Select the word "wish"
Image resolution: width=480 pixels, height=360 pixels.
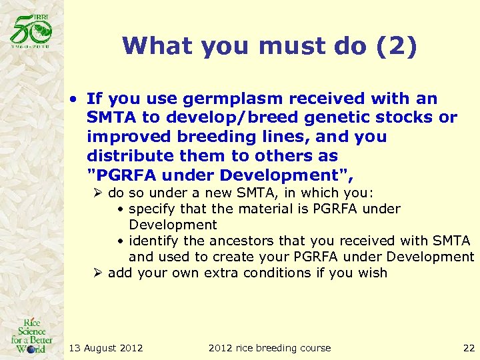[x=373, y=273]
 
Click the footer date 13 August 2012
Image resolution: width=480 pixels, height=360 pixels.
[x=106, y=347]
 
